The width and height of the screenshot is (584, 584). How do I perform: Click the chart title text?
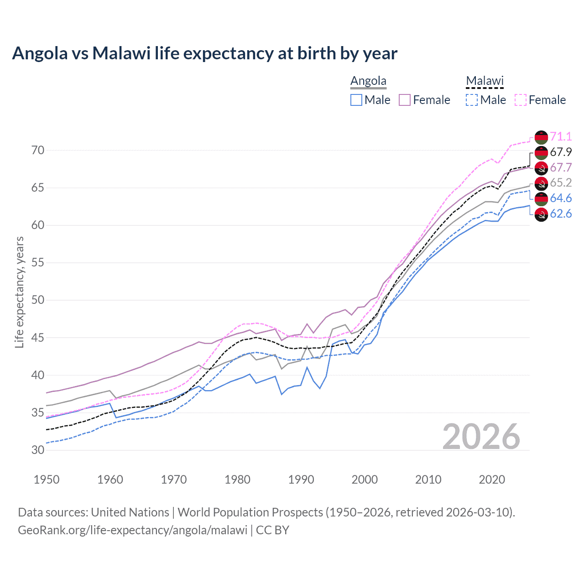[204, 53]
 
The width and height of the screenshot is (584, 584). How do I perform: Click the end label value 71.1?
[561, 136]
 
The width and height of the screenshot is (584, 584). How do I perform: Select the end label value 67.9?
[561, 152]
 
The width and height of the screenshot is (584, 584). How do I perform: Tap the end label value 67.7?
[561, 167]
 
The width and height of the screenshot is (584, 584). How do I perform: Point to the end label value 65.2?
[561, 183]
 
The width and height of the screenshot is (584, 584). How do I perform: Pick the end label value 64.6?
[561, 198]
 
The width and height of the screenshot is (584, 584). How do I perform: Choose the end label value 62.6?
[561, 214]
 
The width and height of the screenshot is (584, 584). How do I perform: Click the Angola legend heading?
[368, 81]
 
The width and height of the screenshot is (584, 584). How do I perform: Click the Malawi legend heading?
[485, 81]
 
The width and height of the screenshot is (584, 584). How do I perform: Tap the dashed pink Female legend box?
[521, 100]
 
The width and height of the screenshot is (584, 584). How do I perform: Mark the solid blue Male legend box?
[356, 100]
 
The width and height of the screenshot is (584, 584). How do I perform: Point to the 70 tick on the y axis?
[38, 150]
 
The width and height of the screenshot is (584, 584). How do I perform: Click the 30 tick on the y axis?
[38, 450]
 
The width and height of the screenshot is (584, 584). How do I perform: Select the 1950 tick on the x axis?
[47, 480]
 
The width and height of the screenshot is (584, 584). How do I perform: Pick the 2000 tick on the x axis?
[365, 480]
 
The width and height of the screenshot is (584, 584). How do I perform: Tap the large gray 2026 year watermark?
[481, 437]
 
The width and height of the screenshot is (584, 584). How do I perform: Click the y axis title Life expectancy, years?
[20, 292]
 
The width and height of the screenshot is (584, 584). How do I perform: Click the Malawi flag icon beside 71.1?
[541, 136]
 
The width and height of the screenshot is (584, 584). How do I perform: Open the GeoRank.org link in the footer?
[132, 530]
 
